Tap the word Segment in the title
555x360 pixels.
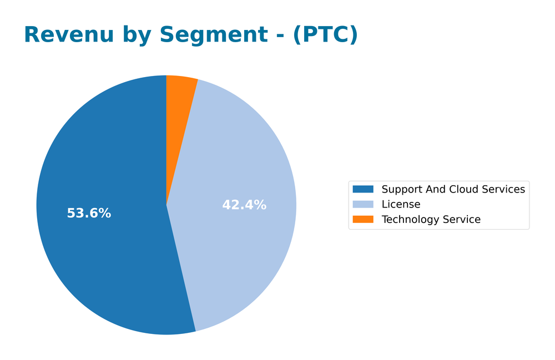click(214, 35)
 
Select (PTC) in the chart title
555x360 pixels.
click(325, 35)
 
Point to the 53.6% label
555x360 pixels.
click(89, 214)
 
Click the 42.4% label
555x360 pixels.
click(244, 205)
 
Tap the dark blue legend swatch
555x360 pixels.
click(363, 190)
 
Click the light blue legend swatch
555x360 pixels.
click(363, 205)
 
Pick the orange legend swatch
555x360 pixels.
click(363, 220)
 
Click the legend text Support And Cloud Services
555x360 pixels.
click(453, 190)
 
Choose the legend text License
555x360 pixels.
click(401, 205)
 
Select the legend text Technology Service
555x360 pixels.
click(431, 220)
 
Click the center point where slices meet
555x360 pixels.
click(167, 205)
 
